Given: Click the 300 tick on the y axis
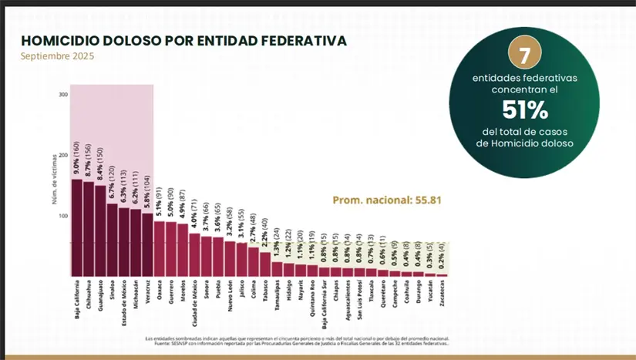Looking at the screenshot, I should [63, 96].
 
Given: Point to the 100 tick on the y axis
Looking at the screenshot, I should [63, 216].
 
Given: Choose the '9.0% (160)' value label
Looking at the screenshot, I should [77, 158].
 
